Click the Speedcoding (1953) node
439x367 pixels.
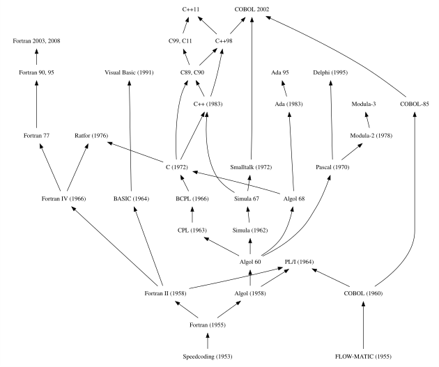click(207, 357)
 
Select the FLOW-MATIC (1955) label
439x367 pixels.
click(364, 357)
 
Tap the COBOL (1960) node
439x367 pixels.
click(364, 293)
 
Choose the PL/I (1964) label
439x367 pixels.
click(300, 262)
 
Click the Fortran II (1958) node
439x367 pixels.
click(164, 293)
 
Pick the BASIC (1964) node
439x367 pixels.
click(132, 198)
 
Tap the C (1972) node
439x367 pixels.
click(185, 167)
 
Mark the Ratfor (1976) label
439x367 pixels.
click(91, 136)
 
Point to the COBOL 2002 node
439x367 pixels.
click(252, 10)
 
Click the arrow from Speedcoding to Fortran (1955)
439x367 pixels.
click(207, 341)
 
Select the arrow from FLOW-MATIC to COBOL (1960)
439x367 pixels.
click(364, 325)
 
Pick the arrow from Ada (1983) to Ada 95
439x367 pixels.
click(284, 88)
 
